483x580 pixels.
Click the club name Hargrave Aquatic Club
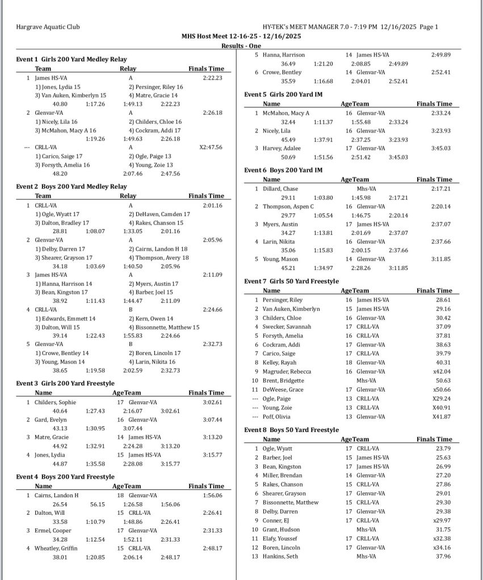[48, 27]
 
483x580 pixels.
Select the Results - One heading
[241, 46]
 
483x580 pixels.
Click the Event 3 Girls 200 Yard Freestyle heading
[65, 383]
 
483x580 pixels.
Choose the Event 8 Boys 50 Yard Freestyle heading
[291, 430]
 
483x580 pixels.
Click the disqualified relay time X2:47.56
[212, 147]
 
